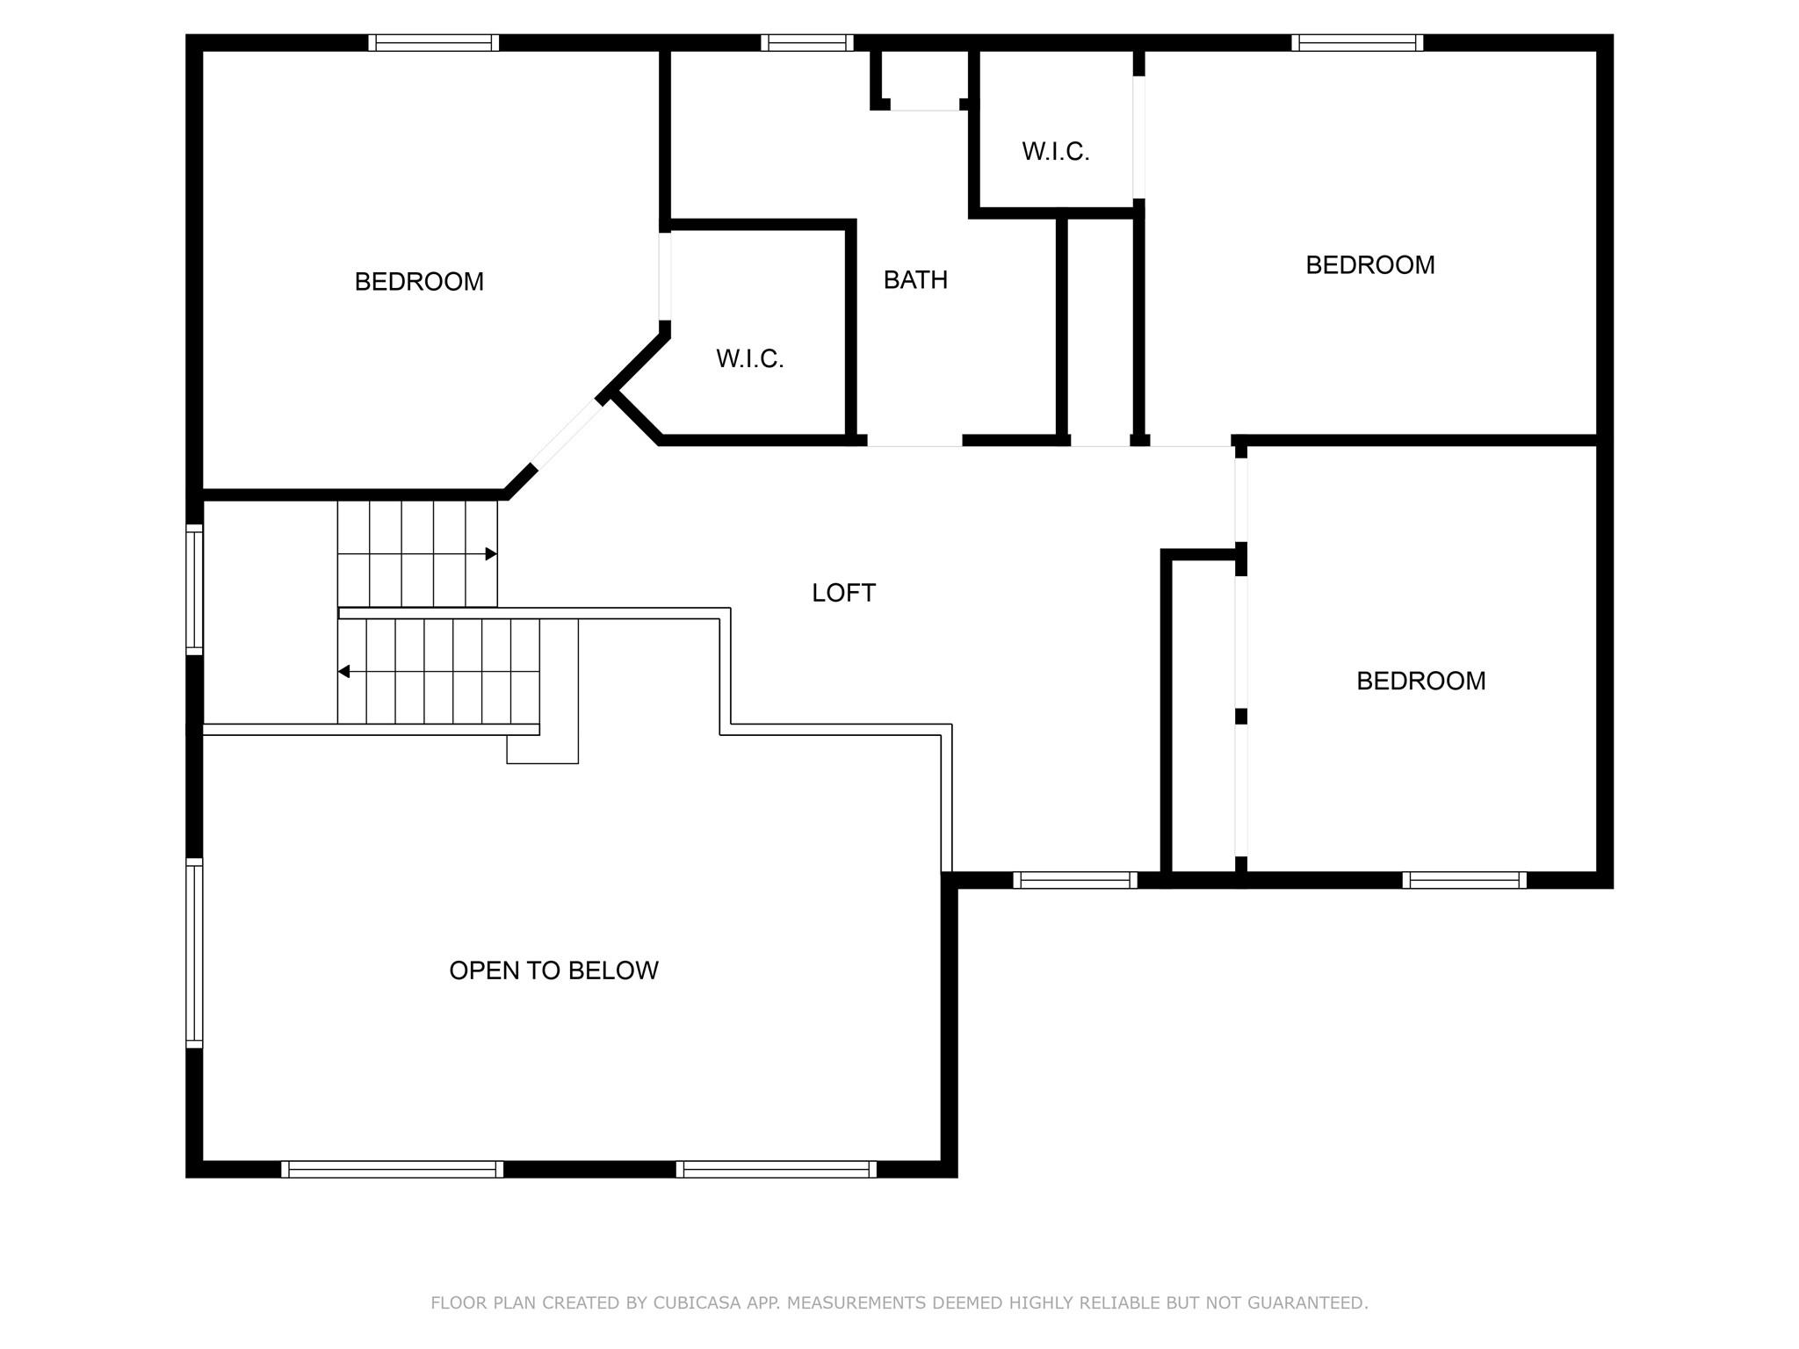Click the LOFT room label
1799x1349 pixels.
(843, 593)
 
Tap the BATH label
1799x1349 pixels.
(915, 279)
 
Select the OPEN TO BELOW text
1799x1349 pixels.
(553, 970)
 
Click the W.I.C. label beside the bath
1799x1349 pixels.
(749, 358)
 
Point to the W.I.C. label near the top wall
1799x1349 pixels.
(1055, 151)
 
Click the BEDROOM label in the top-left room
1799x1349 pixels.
(419, 281)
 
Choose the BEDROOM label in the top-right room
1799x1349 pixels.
(1369, 264)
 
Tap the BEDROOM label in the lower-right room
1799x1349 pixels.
(1420, 681)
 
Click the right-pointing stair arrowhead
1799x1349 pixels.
(492, 554)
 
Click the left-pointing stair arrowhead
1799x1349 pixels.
(344, 672)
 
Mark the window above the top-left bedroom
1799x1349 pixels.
(434, 43)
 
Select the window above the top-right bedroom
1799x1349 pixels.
(1357, 43)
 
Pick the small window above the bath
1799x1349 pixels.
(807, 43)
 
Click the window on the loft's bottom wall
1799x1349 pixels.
(1075, 880)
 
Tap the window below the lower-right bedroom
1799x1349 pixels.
(1464, 880)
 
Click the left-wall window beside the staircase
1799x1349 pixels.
(194, 589)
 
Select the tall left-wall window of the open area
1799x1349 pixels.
(194, 953)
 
